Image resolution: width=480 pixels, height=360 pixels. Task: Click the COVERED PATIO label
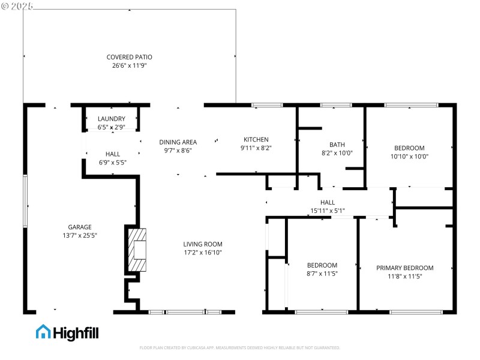coord(129,57)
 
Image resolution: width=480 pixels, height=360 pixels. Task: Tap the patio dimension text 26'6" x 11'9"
coord(129,65)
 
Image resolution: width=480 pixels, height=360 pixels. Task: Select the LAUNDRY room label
coord(112,119)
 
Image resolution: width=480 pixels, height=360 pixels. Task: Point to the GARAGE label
coord(79,227)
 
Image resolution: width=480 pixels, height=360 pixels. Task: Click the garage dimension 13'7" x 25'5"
coord(79,235)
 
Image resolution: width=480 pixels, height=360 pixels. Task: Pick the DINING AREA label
coord(178,142)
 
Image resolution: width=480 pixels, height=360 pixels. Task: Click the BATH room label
coord(337,145)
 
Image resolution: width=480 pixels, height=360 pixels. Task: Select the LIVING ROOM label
coord(203,244)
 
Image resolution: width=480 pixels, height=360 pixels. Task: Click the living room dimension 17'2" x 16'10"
coord(203,253)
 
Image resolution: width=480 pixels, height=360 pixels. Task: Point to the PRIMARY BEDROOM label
coord(404,268)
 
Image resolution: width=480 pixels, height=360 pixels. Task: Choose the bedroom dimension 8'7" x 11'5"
coord(322,274)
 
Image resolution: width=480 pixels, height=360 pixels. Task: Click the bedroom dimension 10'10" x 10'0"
coord(409,156)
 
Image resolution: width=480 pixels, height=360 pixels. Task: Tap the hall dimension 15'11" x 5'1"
coord(328,211)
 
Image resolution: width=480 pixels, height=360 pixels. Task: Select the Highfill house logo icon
coord(44,332)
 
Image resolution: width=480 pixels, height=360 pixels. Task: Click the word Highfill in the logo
coord(76,332)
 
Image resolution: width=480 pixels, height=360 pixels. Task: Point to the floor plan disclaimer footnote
coord(240,347)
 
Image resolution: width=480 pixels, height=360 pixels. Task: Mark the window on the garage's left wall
coord(25,201)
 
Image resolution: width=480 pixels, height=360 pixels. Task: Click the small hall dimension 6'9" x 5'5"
coord(112,162)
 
